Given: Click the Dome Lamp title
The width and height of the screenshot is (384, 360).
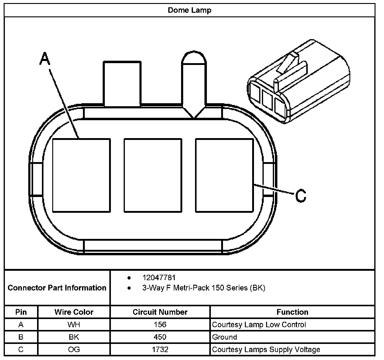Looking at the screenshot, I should tap(190, 10).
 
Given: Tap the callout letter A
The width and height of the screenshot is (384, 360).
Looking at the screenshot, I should tap(45, 59).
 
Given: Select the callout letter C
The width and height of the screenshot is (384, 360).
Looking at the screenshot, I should tap(300, 196).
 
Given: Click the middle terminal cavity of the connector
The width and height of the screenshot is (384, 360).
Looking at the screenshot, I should tap(153, 175).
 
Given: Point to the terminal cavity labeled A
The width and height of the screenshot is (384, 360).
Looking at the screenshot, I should tap(81, 175).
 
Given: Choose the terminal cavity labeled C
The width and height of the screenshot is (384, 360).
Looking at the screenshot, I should tap(224, 175).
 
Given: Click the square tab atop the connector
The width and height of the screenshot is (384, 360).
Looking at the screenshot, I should tap(122, 83).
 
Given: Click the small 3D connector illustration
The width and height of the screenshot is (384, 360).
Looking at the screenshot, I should tap(298, 82).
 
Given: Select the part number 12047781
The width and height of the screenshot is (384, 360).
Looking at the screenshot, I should tap(159, 278).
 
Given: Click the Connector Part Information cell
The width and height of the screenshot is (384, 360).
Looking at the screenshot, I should tap(57, 288).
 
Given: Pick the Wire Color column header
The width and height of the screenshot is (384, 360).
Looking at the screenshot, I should tap(74, 312).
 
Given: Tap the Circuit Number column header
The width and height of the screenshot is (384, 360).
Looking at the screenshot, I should tap(160, 312).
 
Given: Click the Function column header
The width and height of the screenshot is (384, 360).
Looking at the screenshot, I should tap(292, 312).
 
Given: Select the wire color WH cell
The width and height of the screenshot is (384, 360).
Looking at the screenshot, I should tap(74, 324).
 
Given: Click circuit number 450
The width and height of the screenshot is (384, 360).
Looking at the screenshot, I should tap(160, 337).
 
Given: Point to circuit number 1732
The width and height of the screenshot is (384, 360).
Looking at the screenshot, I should tap(160, 349).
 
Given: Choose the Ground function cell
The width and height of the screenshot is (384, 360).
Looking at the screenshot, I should tap(225, 337).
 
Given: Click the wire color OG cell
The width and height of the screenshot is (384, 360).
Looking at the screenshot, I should tap(74, 349).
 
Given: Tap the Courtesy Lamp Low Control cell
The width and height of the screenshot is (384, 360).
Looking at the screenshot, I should tap(259, 324).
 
